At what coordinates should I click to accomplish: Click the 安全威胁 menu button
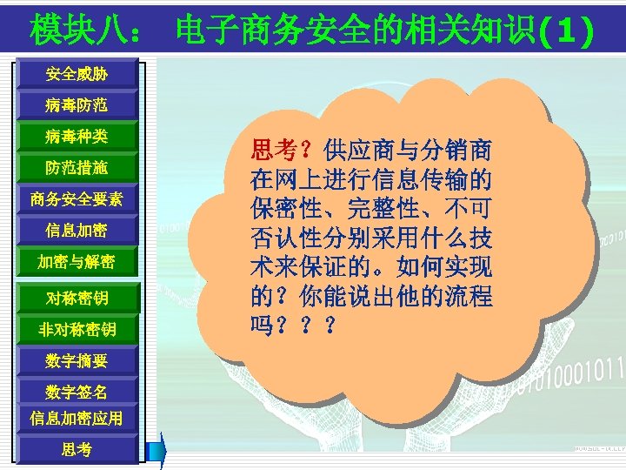click(x=77, y=74)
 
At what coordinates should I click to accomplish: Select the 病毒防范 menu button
click(x=77, y=105)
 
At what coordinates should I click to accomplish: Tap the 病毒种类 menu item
click(x=77, y=137)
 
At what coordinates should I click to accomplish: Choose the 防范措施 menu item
click(x=77, y=167)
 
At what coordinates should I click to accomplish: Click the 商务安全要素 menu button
click(x=77, y=199)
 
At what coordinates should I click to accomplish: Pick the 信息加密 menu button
click(x=77, y=231)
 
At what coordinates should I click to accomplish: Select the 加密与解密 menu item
click(x=77, y=262)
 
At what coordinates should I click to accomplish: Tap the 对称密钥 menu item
click(x=77, y=299)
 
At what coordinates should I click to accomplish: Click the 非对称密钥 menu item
click(x=77, y=329)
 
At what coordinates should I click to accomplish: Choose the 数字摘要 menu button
click(x=77, y=359)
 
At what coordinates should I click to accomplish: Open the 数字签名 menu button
click(x=77, y=391)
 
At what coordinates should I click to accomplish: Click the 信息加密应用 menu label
click(x=77, y=419)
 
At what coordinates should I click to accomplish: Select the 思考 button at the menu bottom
click(x=77, y=449)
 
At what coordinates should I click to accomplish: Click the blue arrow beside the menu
click(x=156, y=449)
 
